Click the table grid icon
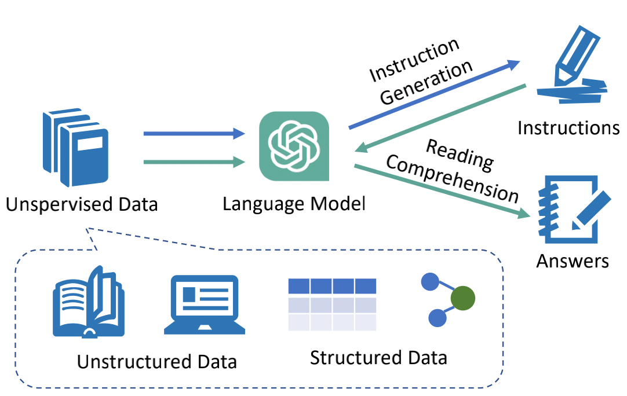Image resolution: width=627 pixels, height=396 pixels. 333,305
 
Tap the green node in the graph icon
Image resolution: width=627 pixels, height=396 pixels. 463,299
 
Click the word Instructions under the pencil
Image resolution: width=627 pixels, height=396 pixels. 568,127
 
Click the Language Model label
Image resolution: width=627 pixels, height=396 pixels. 294,204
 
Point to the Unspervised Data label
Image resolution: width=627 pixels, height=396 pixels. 82,204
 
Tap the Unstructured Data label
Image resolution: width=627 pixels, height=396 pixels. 157,362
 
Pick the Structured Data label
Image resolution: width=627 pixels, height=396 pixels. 378,357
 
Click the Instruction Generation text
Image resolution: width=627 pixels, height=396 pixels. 420,72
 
